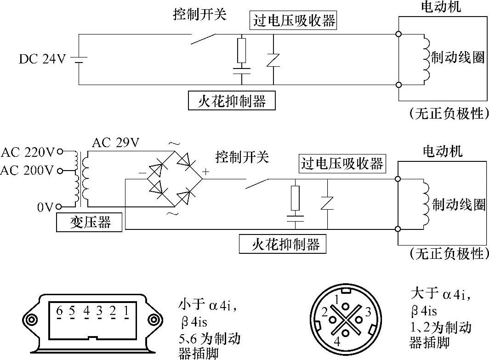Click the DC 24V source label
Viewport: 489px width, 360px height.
click(x=42, y=59)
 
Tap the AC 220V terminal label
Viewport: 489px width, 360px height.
click(x=28, y=151)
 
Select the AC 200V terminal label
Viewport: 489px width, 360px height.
click(x=28, y=171)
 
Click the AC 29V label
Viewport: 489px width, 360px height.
click(x=115, y=143)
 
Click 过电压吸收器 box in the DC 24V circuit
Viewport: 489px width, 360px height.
click(x=293, y=21)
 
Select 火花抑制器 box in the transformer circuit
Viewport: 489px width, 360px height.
click(x=283, y=244)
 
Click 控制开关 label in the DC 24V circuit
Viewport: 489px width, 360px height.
click(x=200, y=15)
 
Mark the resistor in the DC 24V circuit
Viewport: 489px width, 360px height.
click(x=242, y=51)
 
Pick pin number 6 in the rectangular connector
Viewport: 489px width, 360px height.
click(x=59, y=310)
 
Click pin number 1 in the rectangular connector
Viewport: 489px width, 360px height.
click(x=126, y=310)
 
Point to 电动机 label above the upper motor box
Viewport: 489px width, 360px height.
click(x=441, y=7)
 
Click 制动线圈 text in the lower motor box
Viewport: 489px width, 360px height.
click(x=459, y=204)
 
